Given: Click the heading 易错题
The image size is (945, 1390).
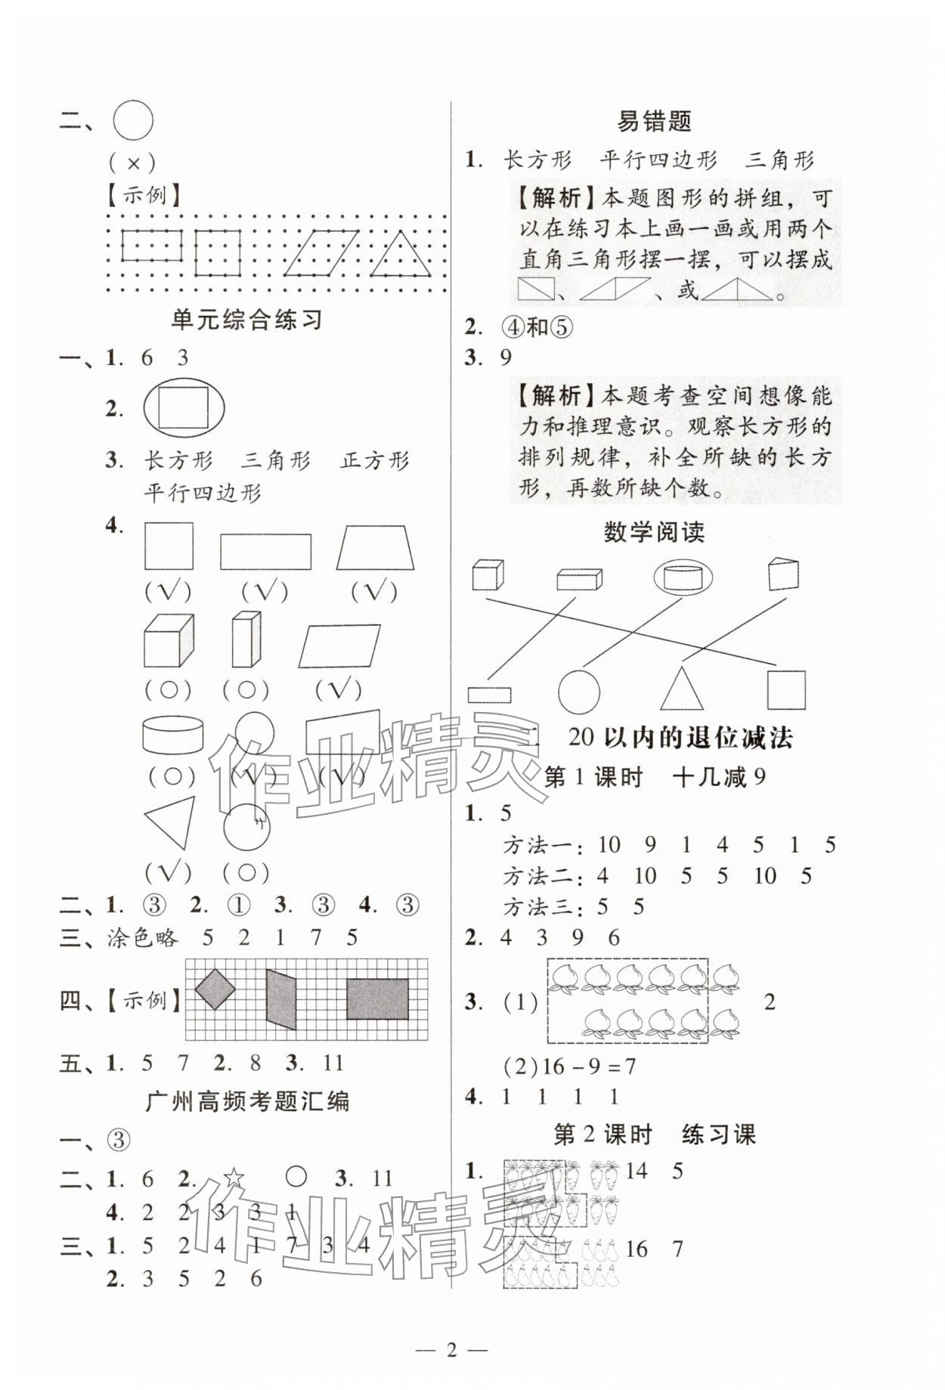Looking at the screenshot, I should pyautogui.click(x=654, y=121).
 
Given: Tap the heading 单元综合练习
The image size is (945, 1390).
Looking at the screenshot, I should pyautogui.click(x=247, y=320).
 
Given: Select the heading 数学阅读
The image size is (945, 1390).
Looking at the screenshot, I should pyautogui.click(x=654, y=532).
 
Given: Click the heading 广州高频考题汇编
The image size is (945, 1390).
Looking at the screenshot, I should pyautogui.click(x=247, y=1101).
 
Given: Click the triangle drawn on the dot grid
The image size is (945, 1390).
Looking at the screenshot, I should pyautogui.click(x=401, y=255).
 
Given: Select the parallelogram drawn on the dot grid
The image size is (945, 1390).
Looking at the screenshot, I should pyautogui.click(x=321, y=253).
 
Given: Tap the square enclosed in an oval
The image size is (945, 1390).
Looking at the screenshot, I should pyautogui.click(x=184, y=408).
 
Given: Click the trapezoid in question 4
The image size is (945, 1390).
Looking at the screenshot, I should pyautogui.click(x=376, y=548).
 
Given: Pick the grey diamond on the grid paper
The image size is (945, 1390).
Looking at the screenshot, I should pyautogui.click(x=215, y=988).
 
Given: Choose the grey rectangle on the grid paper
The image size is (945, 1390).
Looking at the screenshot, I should pyautogui.click(x=377, y=999).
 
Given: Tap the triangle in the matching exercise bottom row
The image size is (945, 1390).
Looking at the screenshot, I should pyautogui.click(x=687, y=689).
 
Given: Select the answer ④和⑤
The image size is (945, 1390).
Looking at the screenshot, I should pyautogui.click(x=538, y=327).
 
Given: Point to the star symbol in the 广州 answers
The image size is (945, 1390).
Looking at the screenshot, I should pyautogui.click(x=234, y=1178).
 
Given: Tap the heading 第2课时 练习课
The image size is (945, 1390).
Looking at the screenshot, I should pyautogui.click(x=654, y=1135).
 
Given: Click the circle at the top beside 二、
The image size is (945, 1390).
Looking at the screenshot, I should pyautogui.click(x=133, y=121).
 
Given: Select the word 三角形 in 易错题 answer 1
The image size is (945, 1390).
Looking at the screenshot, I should pyautogui.click(x=779, y=160).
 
